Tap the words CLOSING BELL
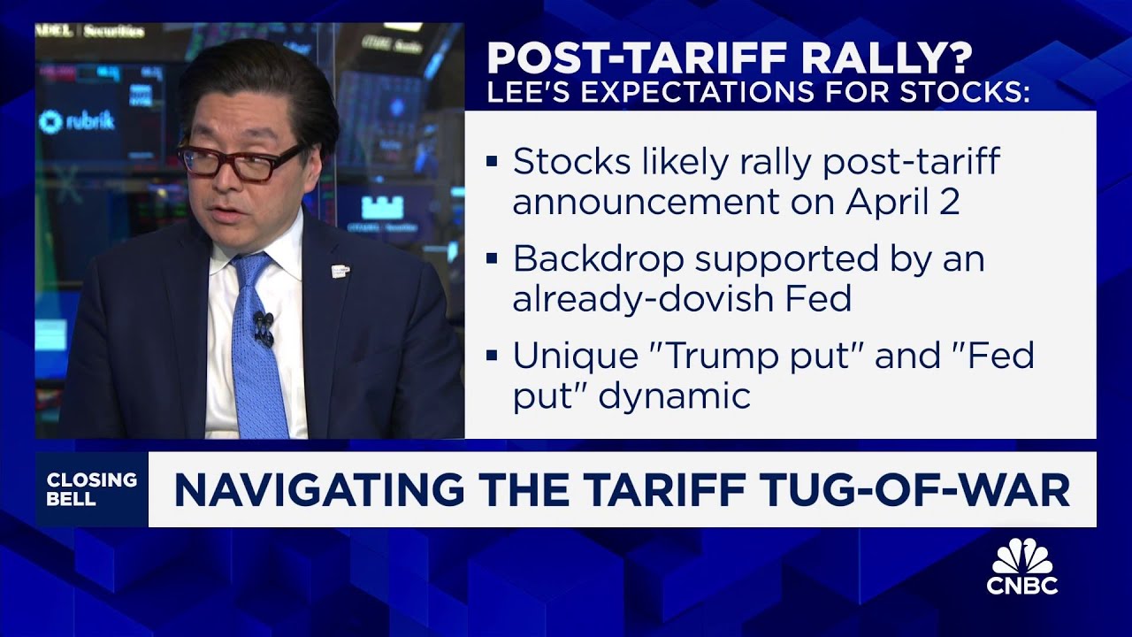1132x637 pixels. point(92,489)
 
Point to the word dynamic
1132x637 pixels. point(675,395)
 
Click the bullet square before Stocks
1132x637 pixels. point(493,163)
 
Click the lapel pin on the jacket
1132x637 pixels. point(340,271)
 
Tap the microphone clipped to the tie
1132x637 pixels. point(263,326)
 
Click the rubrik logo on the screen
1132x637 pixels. point(77,122)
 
